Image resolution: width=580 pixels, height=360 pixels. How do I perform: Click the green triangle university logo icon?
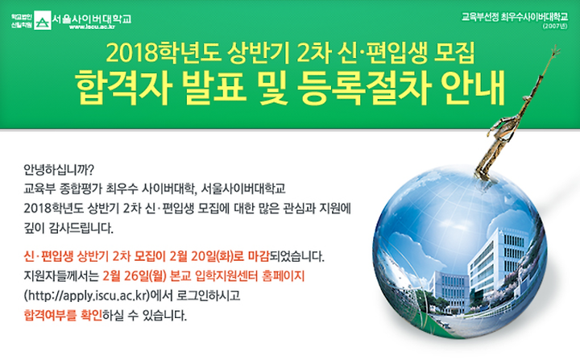point(43,20)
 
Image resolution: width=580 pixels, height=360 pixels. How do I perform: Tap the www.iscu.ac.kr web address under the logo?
point(92,27)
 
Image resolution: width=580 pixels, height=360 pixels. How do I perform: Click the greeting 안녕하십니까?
point(59,170)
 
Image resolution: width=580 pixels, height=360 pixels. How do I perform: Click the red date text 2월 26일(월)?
point(136,275)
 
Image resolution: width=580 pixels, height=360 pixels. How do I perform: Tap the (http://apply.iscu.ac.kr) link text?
point(86,296)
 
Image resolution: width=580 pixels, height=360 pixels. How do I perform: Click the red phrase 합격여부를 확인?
point(63,315)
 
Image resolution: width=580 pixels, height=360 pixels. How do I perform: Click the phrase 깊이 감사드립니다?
point(68,228)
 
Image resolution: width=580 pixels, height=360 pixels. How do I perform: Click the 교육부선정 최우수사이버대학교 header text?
point(515,17)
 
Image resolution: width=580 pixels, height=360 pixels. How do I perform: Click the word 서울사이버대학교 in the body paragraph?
point(243,188)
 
